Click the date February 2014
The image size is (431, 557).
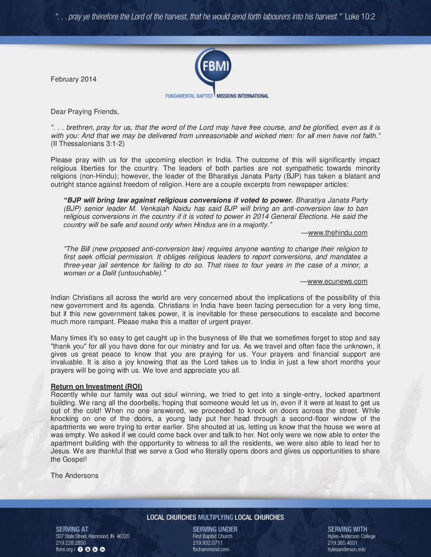(73, 79)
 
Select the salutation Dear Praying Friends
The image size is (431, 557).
(85, 112)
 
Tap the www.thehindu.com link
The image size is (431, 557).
(338, 233)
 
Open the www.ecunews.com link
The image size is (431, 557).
(337, 281)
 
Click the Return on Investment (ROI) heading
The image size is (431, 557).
(96, 386)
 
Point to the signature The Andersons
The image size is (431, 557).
(74, 476)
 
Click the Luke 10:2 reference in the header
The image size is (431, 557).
(360, 17)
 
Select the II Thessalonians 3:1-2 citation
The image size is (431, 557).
(88, 144)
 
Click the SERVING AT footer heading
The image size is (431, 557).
(72, 529)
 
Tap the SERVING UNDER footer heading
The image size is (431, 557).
(215, 529)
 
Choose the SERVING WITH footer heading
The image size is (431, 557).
(347, 529)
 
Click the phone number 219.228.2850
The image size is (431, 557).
(71, 543)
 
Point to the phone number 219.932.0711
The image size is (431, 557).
(208, 543)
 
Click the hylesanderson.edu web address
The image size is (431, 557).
(347, 549)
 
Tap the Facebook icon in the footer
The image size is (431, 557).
(80, 549)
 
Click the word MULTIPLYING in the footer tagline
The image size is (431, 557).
(215, 517)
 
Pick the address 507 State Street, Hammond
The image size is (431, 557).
(92, 536)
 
